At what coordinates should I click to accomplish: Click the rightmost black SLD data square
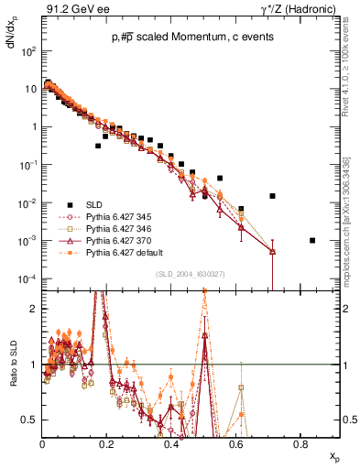[313, 240]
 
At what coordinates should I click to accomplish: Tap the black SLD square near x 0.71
[272, 195]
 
